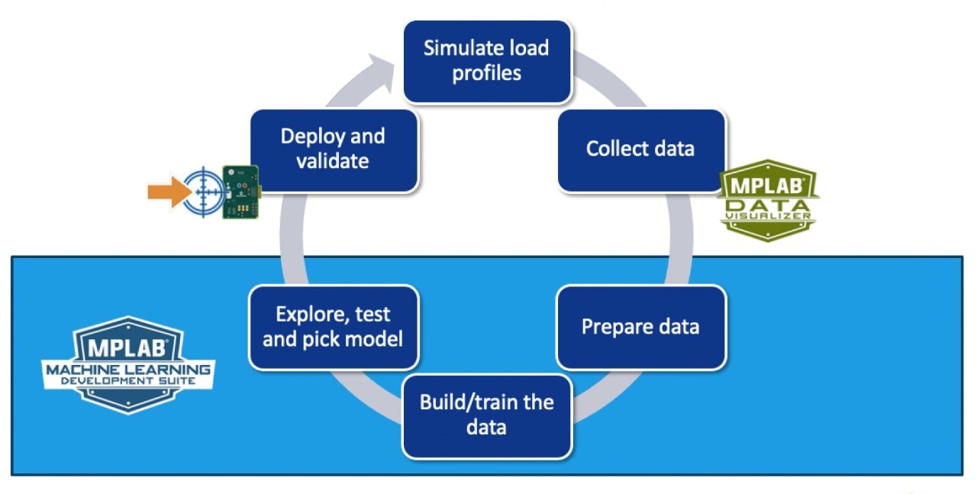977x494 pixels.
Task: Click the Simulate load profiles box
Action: click(x=487, y=61)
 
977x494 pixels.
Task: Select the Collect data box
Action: click(x=640, y=149)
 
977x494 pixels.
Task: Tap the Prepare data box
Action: click(x=640, y=327)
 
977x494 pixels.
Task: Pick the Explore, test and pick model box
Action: click(x=334, y=327)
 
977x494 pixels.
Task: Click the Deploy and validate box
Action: click(x=334, y=149)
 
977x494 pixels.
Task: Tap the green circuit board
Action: click(x=240, y=192)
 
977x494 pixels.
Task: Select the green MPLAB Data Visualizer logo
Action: click(x=767, y=200)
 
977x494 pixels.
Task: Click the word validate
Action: click(x=334, y=161)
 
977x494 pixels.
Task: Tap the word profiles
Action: click(x=487, y=74)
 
